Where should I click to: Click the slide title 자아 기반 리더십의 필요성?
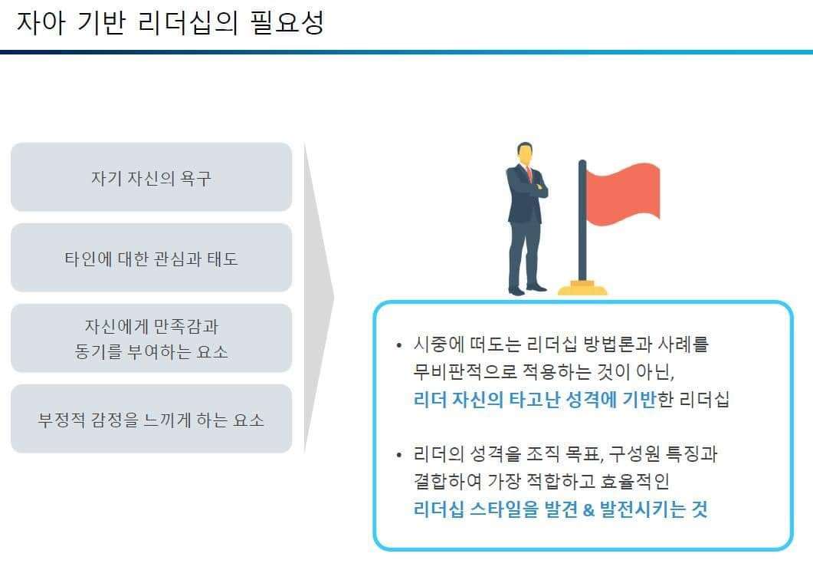(171, 23)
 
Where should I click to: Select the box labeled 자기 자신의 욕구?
(152, 177)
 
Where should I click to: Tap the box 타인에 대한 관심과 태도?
(152, 258)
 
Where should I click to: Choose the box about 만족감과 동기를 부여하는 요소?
(152, 338)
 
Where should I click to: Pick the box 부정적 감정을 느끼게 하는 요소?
(152, 418)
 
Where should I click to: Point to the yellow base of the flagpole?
(582, 288)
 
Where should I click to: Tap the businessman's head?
(525, 153)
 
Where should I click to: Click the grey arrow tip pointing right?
(333, 298)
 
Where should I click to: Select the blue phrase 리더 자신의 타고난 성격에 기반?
(535, 399)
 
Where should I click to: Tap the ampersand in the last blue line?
(588, 510)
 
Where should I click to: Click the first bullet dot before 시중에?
(398, 345)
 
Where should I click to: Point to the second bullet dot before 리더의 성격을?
(398, 455)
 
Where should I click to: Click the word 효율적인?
(634, 481)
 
